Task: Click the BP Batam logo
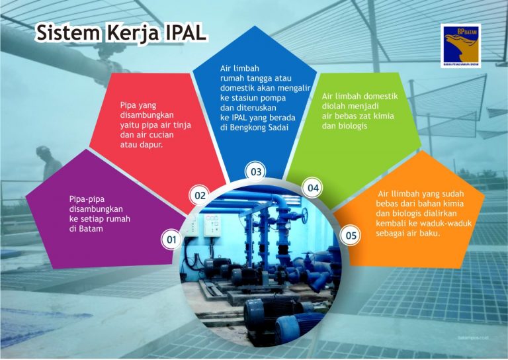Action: pyautogui.click(x=461, y=45)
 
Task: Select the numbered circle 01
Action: pyautogui.click(x=172, y=239)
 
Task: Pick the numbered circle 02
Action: pyautogui.click(x=200, y=195)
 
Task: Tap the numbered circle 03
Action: pyautogui.click(x=256, y=172)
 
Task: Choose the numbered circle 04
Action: pyautogui.click(x=313, y=189)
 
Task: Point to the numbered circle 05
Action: pyautogui.click(x=351, y=235)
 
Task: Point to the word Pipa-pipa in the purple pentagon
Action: pyautogui.click(x=87, y=198)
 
